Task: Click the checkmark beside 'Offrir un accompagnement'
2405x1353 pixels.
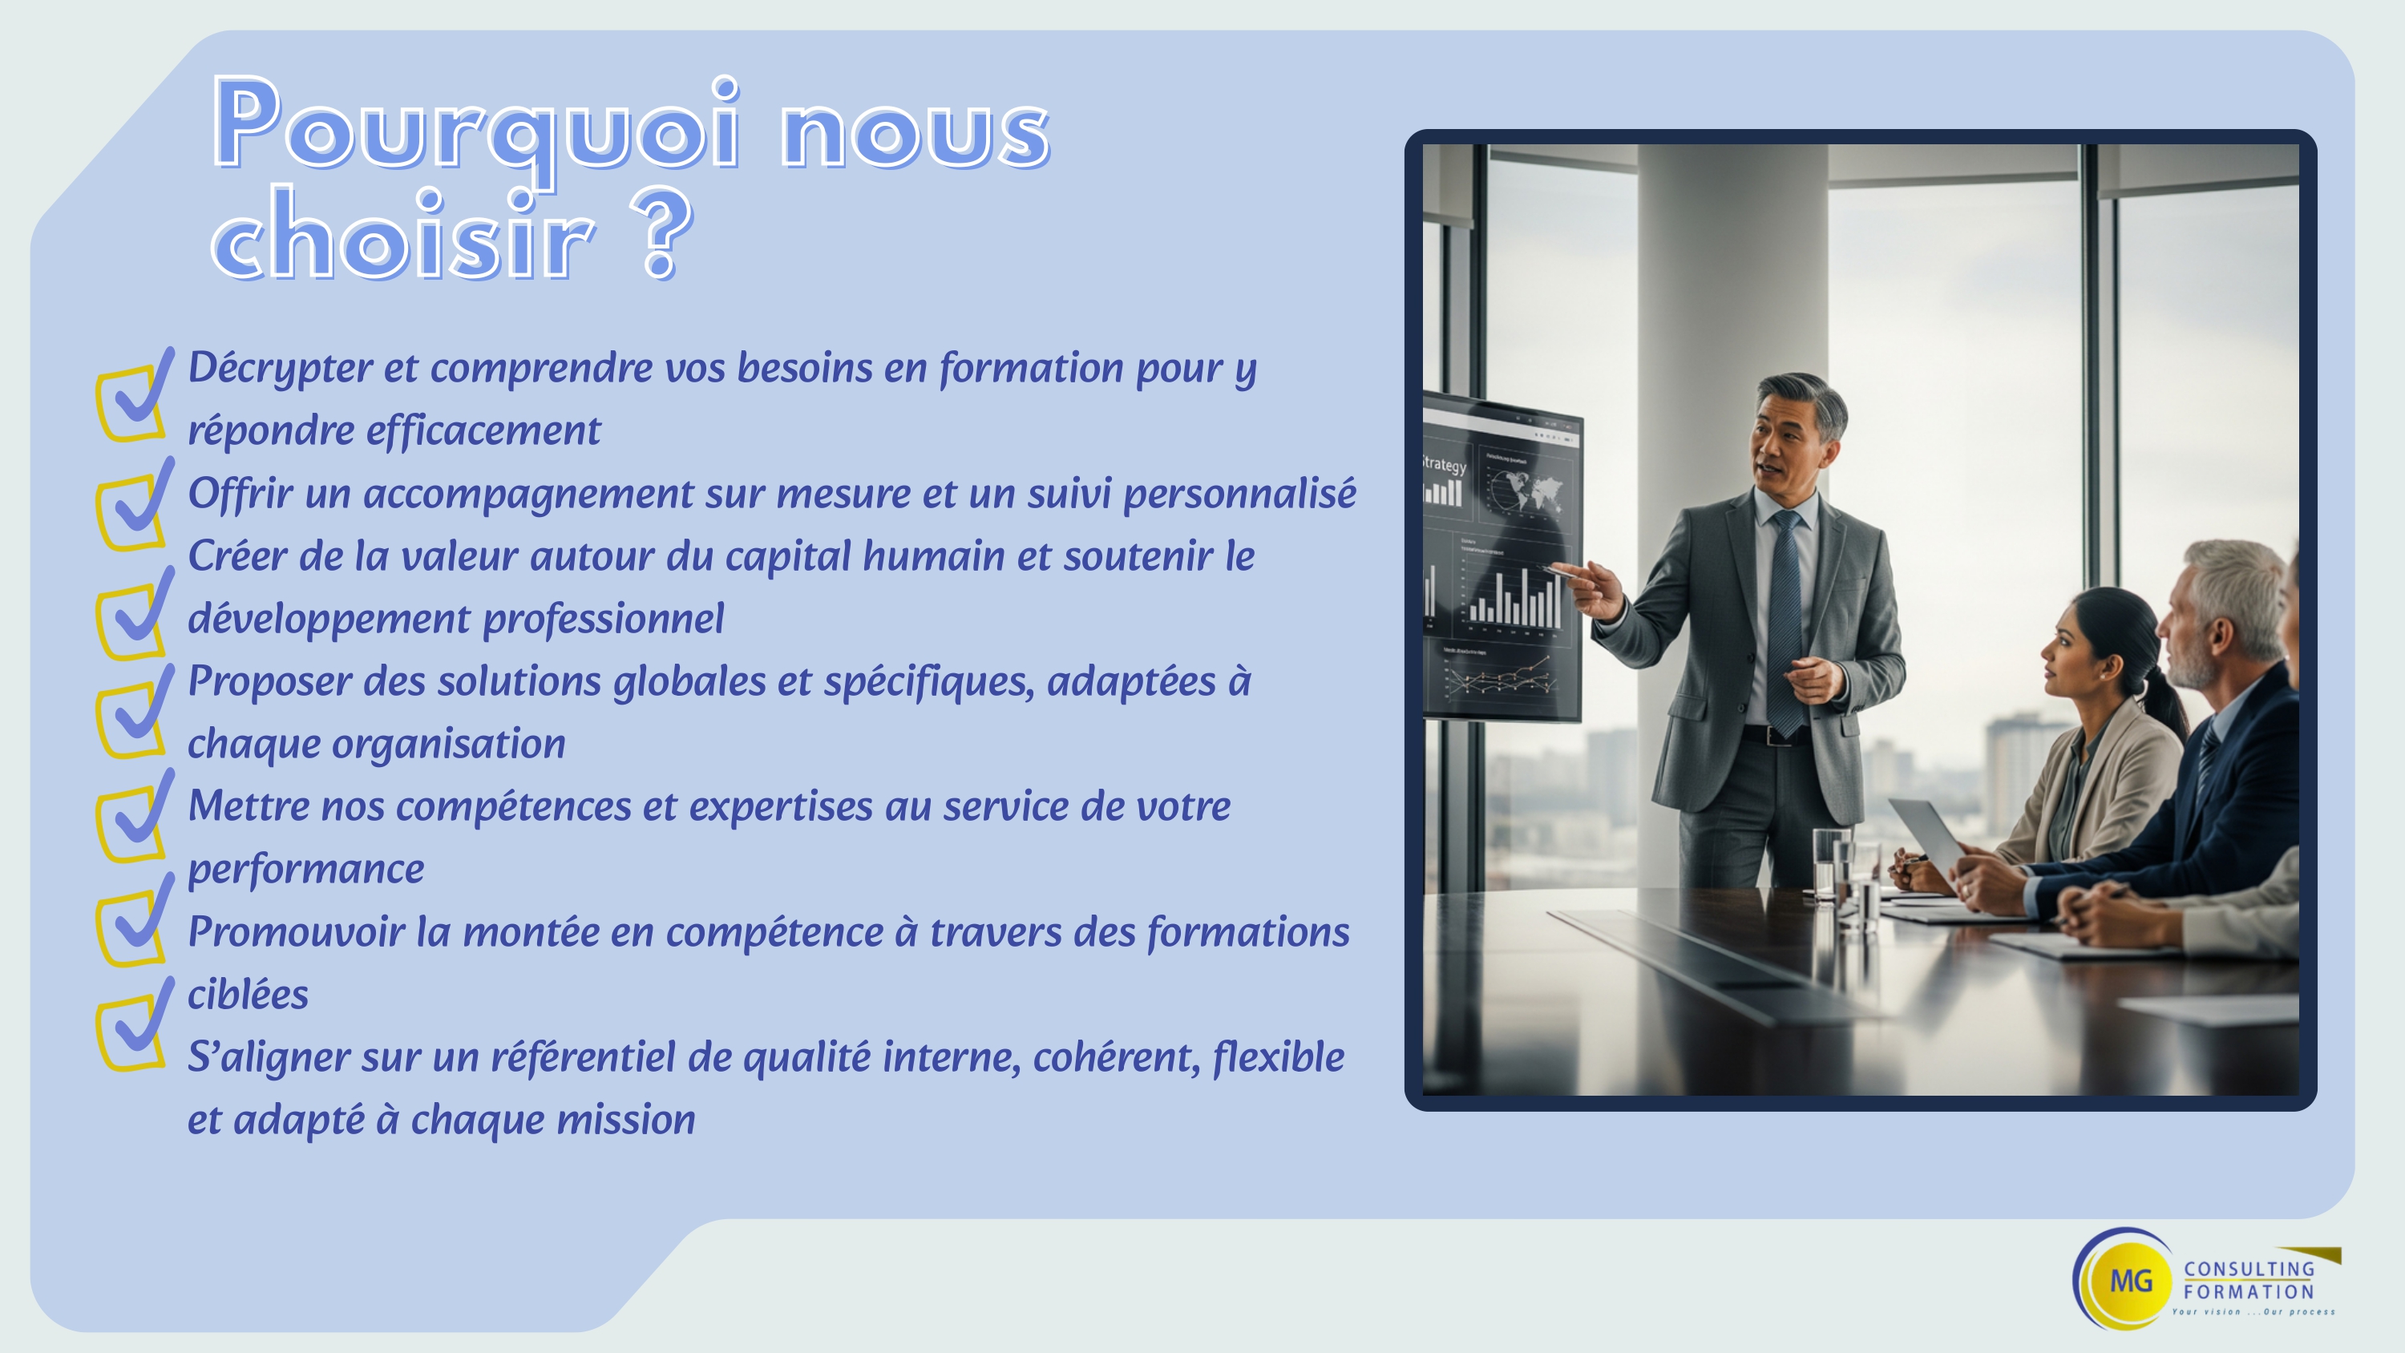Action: (135, 504)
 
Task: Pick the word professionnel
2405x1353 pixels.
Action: (603, 619)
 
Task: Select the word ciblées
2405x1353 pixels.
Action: (249, 995)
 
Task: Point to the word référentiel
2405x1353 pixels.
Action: (583, 1057)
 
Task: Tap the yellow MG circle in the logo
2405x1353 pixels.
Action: (2132, 1280)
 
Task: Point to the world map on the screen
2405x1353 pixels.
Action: (1524, 491)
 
